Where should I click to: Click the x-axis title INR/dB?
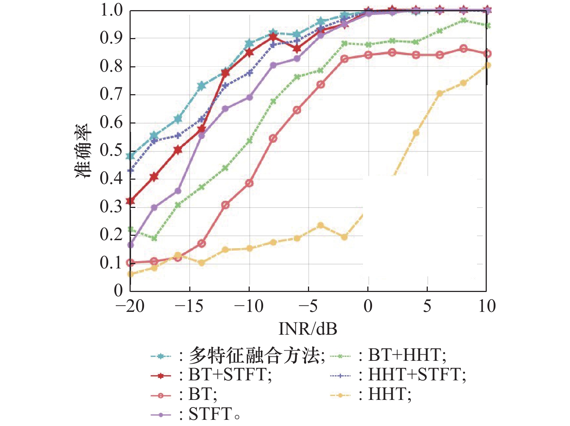pos(308,329)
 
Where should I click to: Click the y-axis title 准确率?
pos(84,151)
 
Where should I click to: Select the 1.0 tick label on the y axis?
pos(111,10)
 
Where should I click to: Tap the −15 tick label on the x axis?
pos(189,306)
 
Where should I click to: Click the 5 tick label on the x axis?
pos(427,306)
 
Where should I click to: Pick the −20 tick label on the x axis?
pos(130,306)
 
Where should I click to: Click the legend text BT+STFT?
pos(230,375)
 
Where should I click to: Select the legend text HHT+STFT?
pos(417,375)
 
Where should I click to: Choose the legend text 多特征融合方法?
pos(256,356)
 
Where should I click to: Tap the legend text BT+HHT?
pos(407,355)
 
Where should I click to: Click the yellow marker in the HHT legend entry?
pos(340,395)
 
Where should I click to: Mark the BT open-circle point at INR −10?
pos(249,183)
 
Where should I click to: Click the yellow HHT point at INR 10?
pos(487,65)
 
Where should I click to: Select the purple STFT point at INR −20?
pos(130,245)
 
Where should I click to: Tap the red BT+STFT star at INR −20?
pos(130,201)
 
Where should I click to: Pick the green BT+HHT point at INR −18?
pos(154,238)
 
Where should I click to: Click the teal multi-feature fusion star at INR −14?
pos(202,86)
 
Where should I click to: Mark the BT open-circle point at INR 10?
pos(487,54)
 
